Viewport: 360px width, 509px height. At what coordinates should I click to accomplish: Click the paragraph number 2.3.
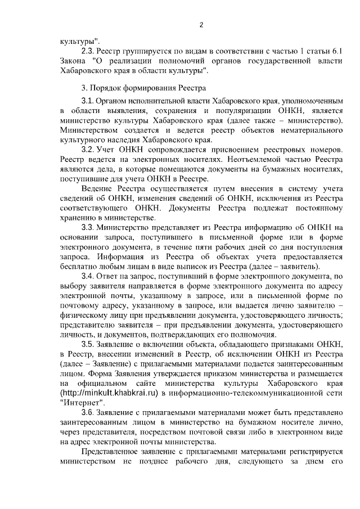point(88,51)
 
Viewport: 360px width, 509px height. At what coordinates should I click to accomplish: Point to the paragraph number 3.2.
point(88,151)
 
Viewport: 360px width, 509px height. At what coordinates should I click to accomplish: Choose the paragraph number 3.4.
point(88,276)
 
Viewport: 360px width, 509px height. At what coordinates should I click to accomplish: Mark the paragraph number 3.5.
point(88,344)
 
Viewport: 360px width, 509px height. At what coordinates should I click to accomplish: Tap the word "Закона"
point(75,61)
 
